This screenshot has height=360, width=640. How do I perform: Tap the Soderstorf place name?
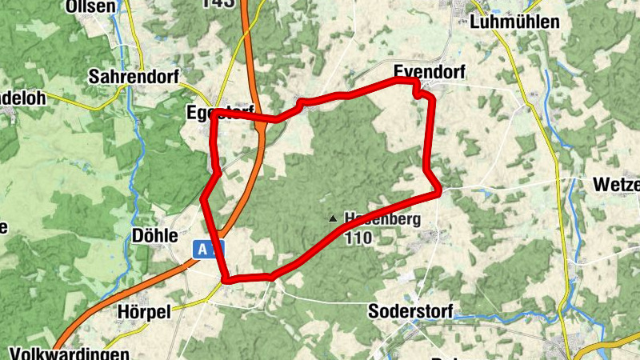tap(411, 310)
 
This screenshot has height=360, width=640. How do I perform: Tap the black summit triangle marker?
tap(333, 218)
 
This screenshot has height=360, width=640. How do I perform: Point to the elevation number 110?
tap(358, 236)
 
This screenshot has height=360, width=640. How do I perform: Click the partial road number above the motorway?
tap(219, 4)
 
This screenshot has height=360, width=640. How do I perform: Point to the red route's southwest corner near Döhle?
tap(226, 279)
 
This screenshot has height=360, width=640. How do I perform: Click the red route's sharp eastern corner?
tap(438, 192)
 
